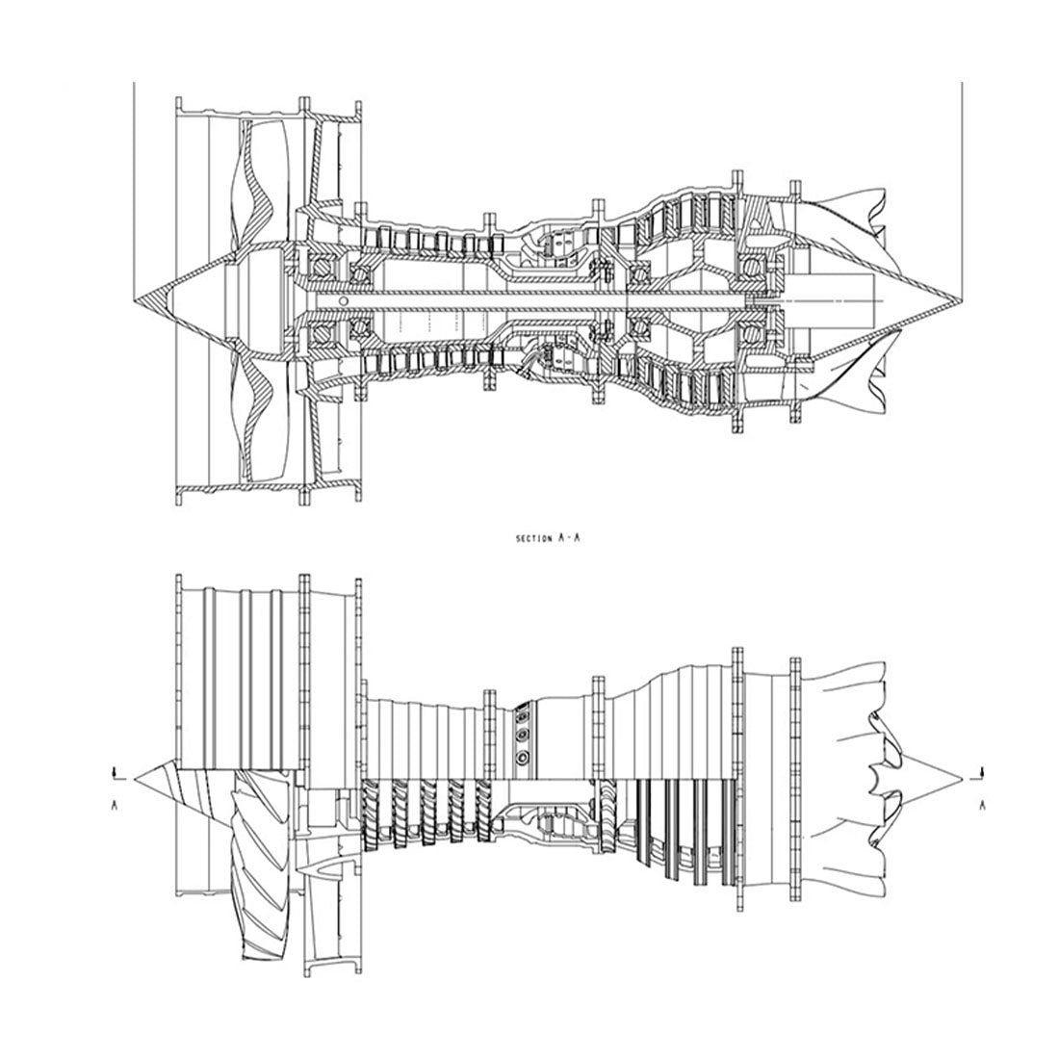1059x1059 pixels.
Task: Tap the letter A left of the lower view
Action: point(115,805)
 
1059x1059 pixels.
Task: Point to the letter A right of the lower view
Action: point(982,805)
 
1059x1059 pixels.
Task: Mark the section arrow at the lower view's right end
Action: point(979,774)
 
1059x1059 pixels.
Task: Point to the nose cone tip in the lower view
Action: point(135,779)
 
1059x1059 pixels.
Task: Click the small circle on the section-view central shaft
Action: point(343,299)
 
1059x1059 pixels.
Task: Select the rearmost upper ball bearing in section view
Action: point(750,269)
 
